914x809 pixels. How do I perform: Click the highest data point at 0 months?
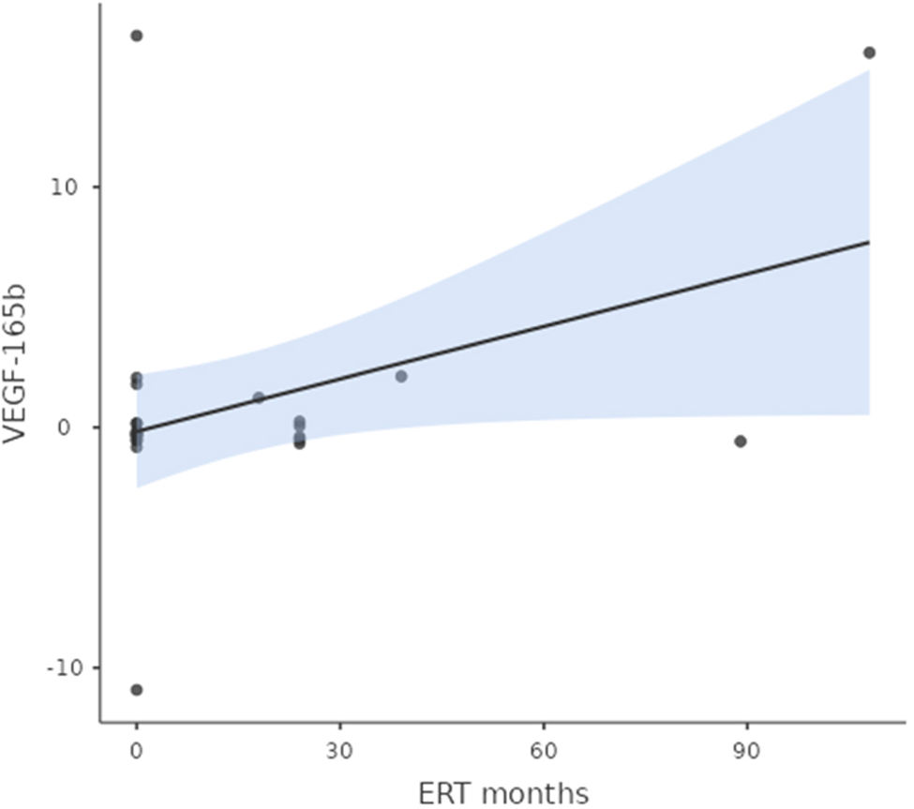coord(137,36)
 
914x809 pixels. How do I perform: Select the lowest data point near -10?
coord(137,690)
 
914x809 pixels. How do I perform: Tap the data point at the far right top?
coord(869,53)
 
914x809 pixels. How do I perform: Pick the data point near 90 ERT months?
coord(741,442)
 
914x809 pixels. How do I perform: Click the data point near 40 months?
coord(401,377)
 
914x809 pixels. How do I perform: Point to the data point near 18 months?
coord(259,398)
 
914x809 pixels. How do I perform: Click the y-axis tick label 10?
coord(64,187)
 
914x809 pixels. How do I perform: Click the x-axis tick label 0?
coord(137,751)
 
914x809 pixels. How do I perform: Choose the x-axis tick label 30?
coord(340,751)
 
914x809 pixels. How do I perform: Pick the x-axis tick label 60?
coord(544,751)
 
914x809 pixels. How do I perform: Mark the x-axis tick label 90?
coord(747,751)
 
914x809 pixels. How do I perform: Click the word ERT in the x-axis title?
coord(444,794)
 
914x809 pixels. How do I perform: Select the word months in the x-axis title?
coord(535,794)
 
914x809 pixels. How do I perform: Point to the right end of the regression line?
coord(869,242)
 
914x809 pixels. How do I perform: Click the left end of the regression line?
coord(137,431)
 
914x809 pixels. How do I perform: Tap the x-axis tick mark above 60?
coord(544,727)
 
